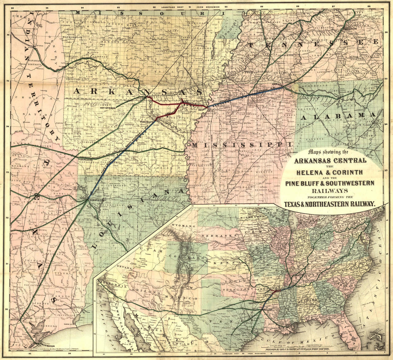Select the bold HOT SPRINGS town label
pyautogui.click(x=108, y=108)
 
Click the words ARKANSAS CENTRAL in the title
pyautogui.click(x=330, y=161)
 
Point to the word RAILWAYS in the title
pyautogui.click(x=330, y=190)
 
